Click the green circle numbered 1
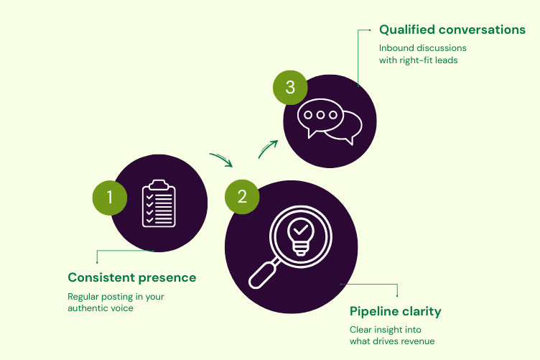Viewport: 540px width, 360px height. coord(110,197)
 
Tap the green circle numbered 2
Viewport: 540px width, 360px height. coord(242,197)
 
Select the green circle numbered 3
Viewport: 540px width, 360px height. coord(290,88)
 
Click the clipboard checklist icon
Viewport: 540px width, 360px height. coord(159,203)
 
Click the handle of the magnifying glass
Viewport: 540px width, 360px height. coord(261,275)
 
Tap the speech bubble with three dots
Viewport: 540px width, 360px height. coord(320,116)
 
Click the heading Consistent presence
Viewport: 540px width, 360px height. coord(131,277)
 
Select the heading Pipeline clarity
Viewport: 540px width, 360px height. coord(395,311)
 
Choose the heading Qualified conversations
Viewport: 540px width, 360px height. coord(452,30)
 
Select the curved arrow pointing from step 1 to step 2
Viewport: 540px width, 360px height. coord(221,159)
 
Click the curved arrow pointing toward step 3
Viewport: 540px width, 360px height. coord(267,149)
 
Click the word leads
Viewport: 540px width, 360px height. coord(448,60)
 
